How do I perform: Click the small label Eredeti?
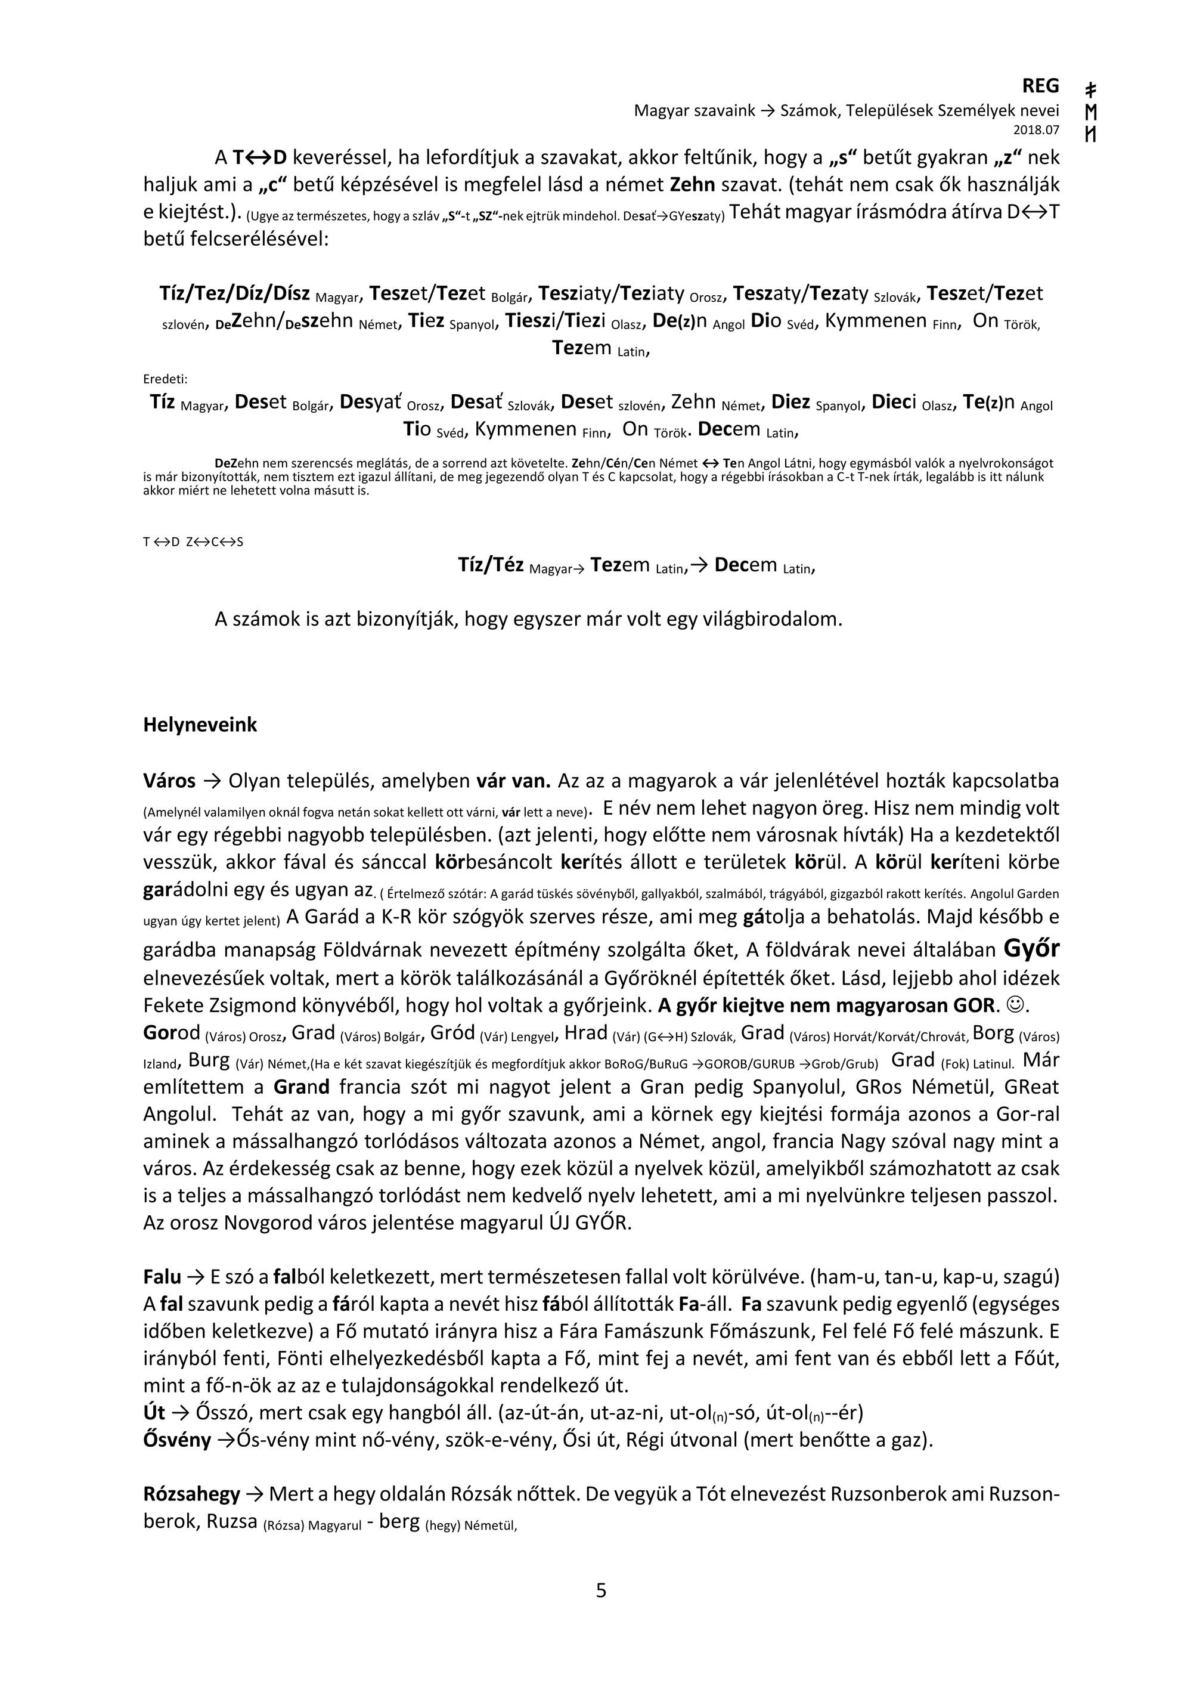[165, 379]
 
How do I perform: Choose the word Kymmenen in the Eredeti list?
[525, 430]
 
